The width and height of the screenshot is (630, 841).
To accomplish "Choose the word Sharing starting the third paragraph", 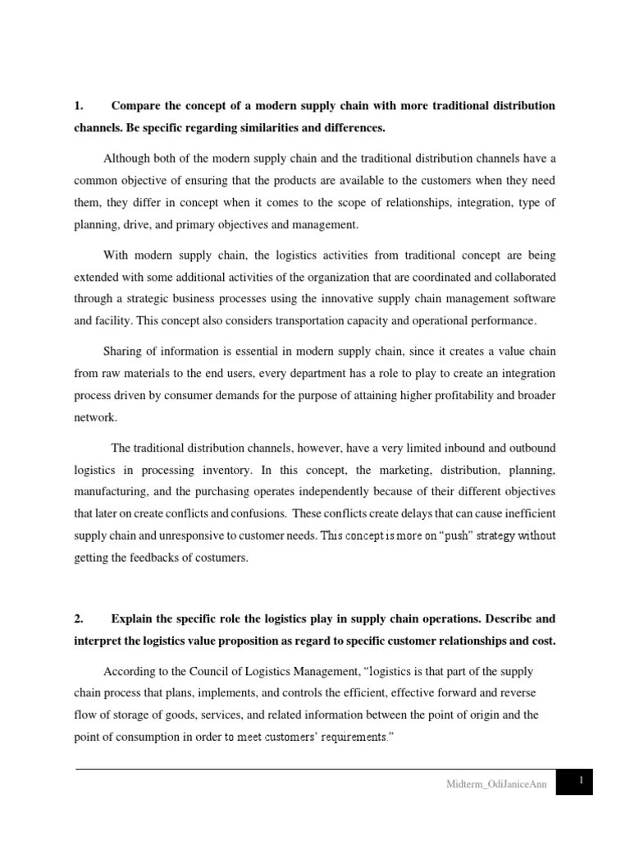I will (x=123, y=352).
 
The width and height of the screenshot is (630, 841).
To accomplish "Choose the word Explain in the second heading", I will (x=132, y=618).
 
